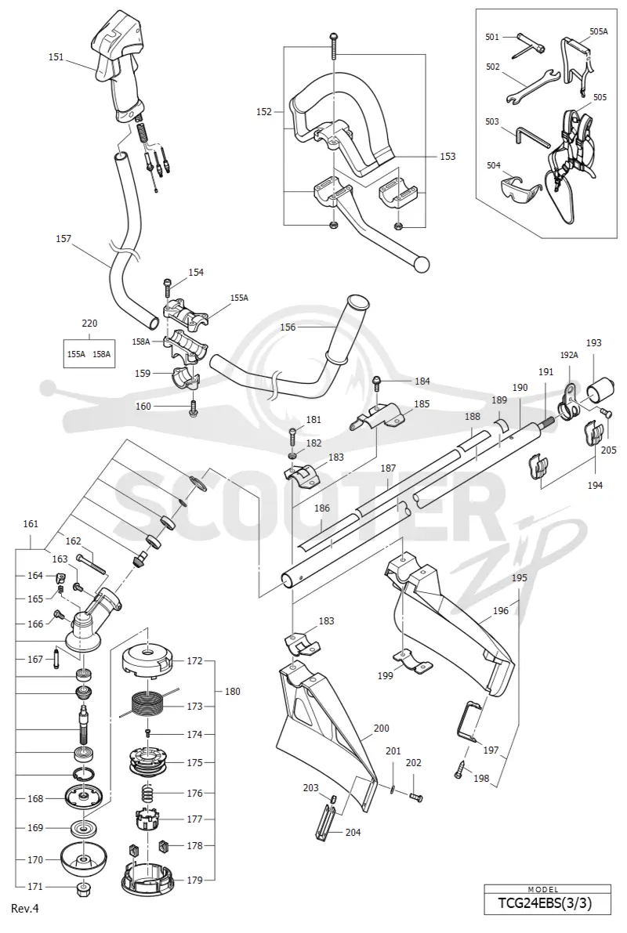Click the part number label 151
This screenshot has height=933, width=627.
56,58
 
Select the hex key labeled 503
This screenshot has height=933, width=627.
531,136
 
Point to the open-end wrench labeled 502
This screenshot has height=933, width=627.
531,84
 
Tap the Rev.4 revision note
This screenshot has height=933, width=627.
24,909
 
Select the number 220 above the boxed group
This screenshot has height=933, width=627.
89,324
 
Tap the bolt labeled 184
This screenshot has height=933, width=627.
376,385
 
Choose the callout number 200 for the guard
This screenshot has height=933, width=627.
382,729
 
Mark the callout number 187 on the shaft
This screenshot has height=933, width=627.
388,468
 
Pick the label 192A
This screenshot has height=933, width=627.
569,355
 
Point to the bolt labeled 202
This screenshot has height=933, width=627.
415,795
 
